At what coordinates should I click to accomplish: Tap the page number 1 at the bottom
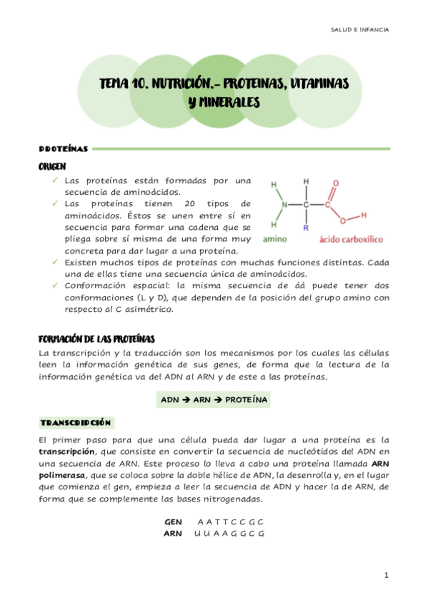click(x=386, y=575)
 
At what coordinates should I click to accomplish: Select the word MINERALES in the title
click(x=226, y=103)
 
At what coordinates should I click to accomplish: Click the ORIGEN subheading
click(x=53, y=166)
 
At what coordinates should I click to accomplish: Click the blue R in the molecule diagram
click(x=306, y=228)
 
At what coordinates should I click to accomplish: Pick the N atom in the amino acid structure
click(x=284, y=205)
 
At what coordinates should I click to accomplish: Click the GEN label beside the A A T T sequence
click(x=173, y=522)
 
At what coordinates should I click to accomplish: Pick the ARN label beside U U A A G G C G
click(x=173, y=533)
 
